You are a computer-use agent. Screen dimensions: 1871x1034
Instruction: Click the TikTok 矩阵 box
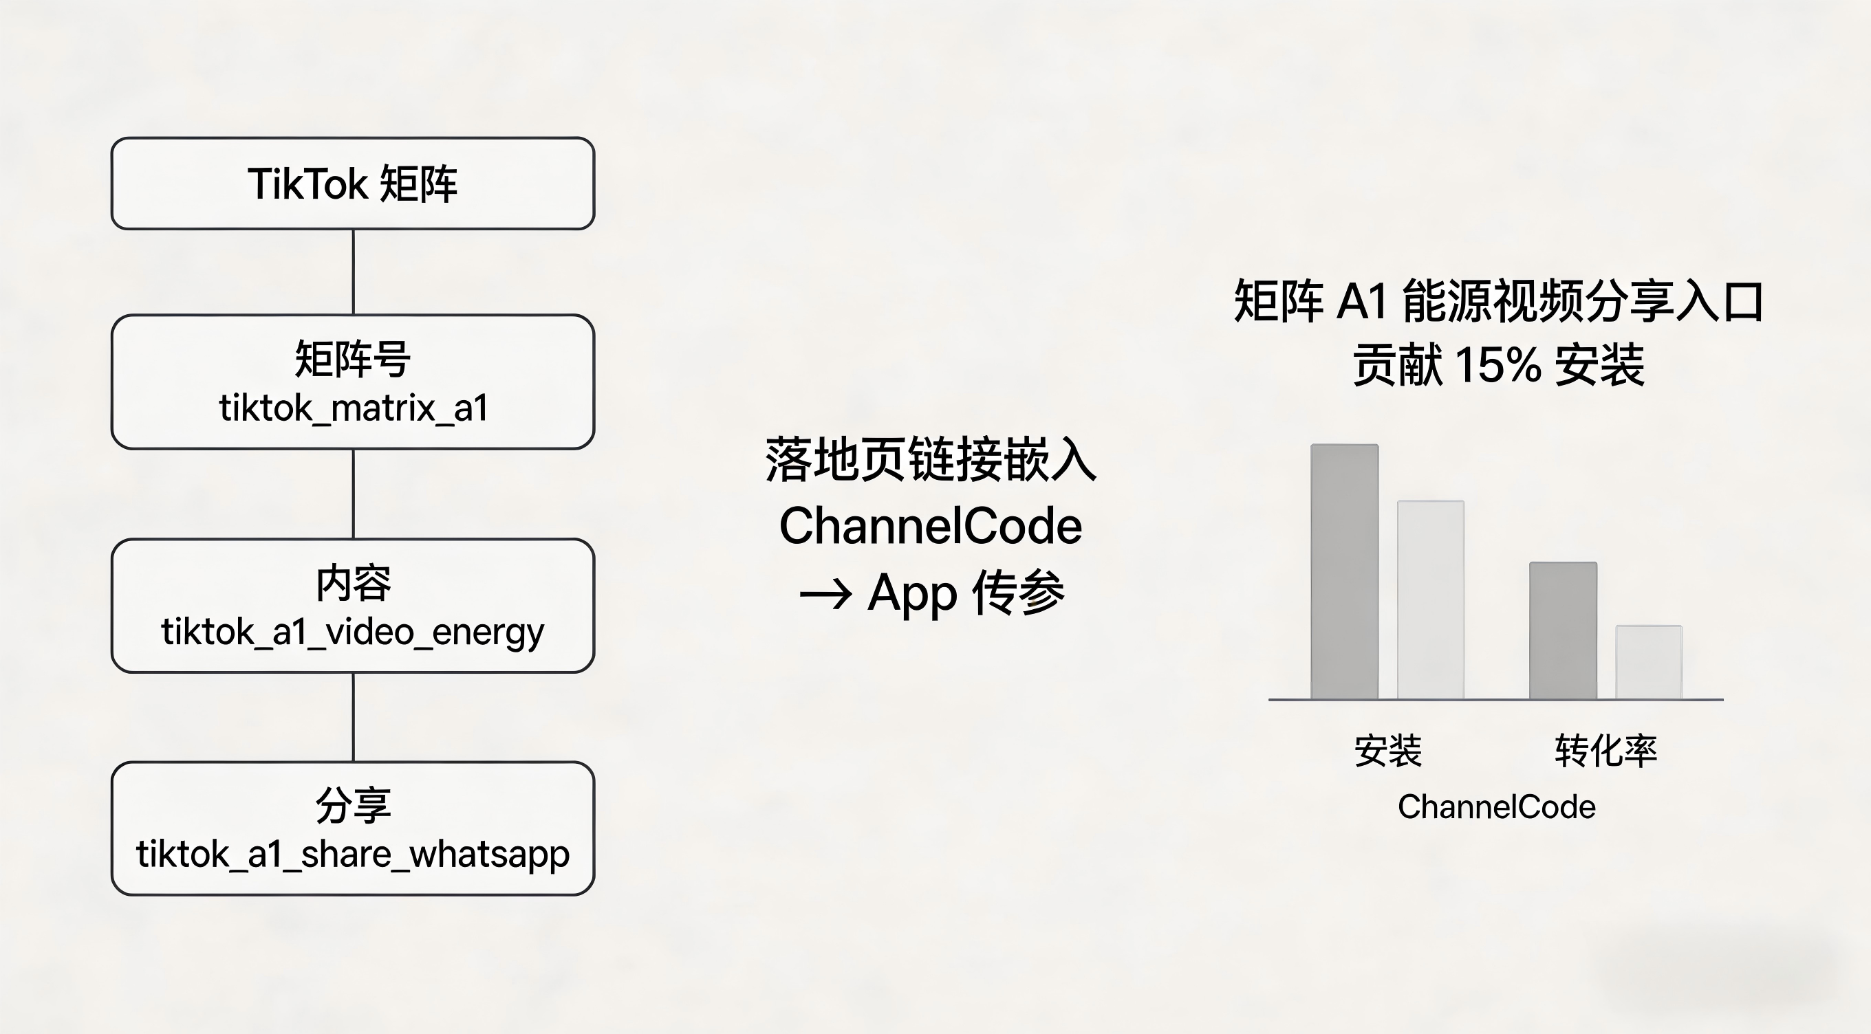click(x=353, y=184)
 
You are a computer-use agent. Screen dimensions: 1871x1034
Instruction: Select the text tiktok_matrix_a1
click(x=353, y=408)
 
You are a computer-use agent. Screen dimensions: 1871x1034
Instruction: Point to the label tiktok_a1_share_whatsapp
click(x=353, y=855)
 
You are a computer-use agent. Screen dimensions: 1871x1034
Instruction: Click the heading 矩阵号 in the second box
click(x=353, y=359)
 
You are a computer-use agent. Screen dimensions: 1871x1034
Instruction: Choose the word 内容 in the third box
click(x=353, y=583)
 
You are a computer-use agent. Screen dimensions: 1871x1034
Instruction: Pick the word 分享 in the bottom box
click(x=353, y=805)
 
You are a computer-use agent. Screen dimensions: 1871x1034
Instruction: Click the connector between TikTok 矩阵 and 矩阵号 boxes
click(x=353, y=272)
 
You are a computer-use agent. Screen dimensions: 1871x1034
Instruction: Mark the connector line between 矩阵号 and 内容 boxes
click(x=353, y=494)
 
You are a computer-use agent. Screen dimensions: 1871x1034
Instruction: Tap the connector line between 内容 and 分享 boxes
click(x=353, y=718)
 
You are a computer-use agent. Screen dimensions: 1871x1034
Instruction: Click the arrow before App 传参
click(x=825, y=595)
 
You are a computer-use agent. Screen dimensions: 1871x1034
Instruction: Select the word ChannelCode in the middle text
click(x=931, y=526)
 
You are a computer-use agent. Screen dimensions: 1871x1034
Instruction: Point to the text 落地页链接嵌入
click(x=931, y=460)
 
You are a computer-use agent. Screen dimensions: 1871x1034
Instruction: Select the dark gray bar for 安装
click(x=1344, y=571)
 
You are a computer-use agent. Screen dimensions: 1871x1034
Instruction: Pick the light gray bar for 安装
click(x=1431, y=599)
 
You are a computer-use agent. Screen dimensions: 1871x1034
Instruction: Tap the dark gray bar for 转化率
click(x=1563, y=630)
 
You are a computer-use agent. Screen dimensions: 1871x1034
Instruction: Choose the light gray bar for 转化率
click(x=1649, y=662)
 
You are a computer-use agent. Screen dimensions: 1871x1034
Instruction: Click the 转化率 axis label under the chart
click(x=1606, y=751)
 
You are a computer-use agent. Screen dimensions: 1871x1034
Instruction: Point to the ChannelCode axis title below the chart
click(x=1497, y=807)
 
